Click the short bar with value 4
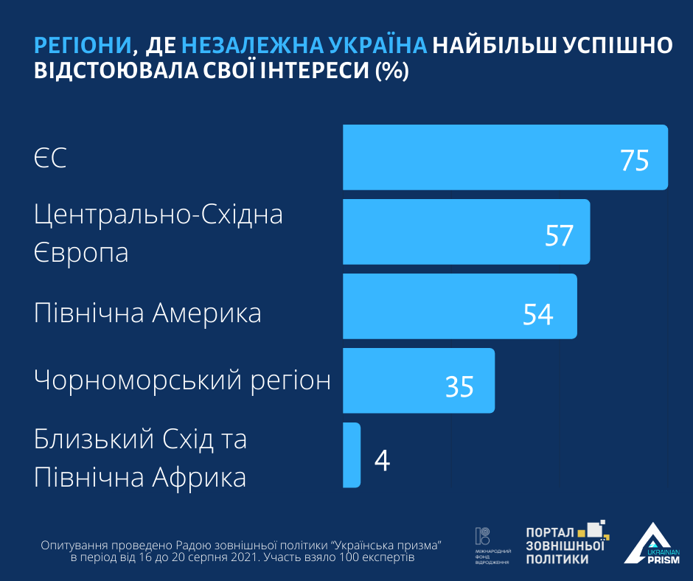(x=352, y=455)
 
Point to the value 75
(x=634, y=160)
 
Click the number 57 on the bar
(x=559, y=235)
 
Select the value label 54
(x=538, y=314)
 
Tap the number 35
(x=459, y=386)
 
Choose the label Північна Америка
(x=148, y=313)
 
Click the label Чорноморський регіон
(x=183, y=380)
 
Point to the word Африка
(x=199, y=478)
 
